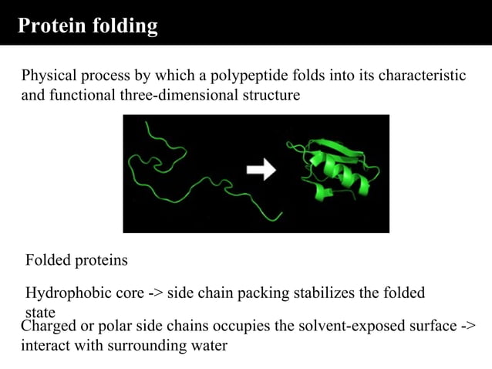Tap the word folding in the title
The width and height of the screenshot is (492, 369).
pyautogui.click(x=125, y=26)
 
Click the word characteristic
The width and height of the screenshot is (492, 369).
pyautogui.click(x=420, y=76)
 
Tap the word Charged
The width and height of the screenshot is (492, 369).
pyautogui.click(x=48, y=327)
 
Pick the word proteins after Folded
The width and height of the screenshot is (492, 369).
pyautogui.click(x=101, y=261)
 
